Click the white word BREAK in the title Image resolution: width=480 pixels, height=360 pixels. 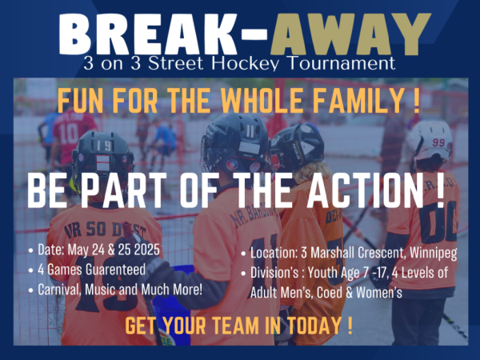(x=148, y=34)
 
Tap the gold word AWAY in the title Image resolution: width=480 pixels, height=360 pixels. (x=351, y=34)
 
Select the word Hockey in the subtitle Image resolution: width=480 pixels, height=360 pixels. (x=246, y=63)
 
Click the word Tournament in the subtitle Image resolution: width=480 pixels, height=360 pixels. (x=342, y=62)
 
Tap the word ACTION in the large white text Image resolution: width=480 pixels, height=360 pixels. (x=366, y=190)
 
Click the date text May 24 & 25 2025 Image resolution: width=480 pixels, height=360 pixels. (x=114, y=250)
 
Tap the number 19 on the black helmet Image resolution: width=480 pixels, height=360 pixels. (x=104, y=146)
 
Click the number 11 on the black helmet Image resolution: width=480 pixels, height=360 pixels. (x=250, y=131)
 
